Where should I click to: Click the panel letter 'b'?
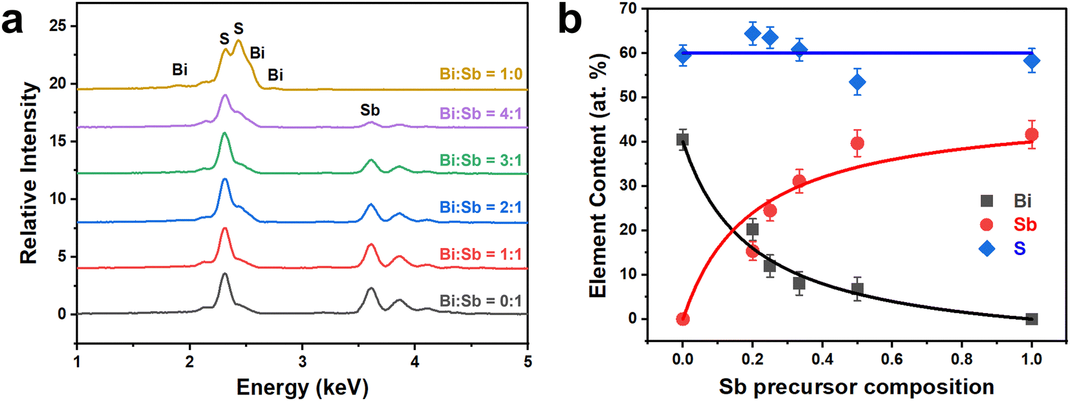(570, 21)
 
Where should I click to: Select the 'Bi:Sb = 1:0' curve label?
(481, 74)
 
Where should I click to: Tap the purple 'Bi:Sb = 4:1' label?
(481, 114)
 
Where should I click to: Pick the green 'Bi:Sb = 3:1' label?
(481, 160)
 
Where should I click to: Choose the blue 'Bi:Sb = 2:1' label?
(481, 207)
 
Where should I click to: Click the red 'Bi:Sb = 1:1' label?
(481, 254)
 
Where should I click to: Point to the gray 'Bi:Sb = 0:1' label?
(481, 301)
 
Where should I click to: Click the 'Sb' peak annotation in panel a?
(370, 110)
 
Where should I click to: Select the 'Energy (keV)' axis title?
(302, 387)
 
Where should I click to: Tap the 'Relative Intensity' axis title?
(28, 173)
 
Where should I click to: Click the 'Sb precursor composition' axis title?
(856, 387)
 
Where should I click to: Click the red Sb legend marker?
(987, 225)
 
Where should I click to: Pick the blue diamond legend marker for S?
(987, 249)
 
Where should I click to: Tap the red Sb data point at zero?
(683, 319)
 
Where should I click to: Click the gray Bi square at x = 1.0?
(1032, 319)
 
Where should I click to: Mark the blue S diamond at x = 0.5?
(857, 82)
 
